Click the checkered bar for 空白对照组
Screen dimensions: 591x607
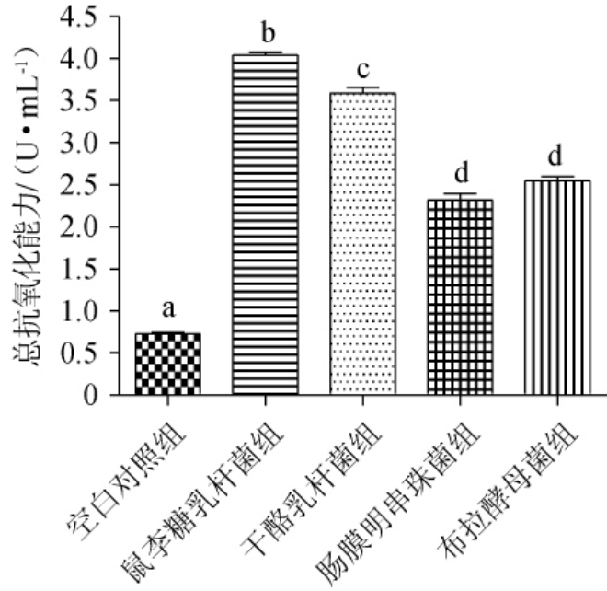tap(167, 365)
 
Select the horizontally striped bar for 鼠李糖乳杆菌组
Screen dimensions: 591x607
tap(266, 226)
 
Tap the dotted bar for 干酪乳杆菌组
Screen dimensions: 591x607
tap(361, 244)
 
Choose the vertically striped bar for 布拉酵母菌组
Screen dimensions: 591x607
tap(554, 287)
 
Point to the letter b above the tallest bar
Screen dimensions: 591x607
tap(267, 35)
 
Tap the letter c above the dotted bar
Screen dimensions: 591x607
tap(362, 72)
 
